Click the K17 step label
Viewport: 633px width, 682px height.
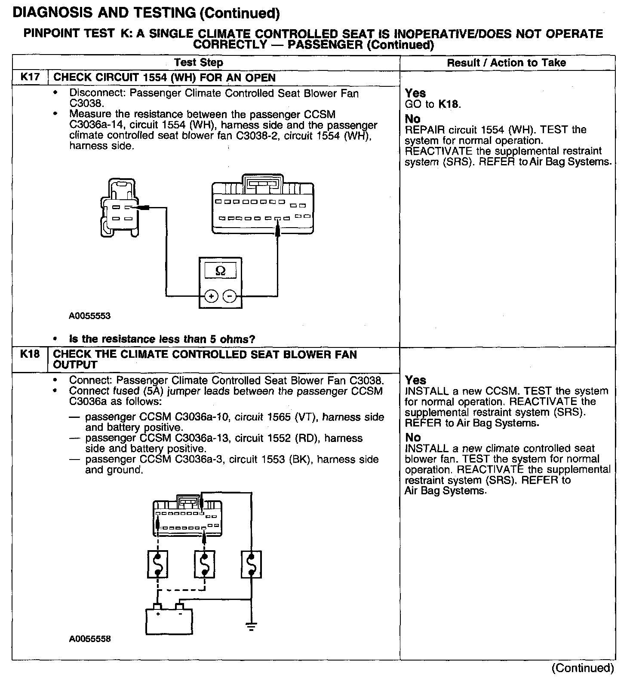30,78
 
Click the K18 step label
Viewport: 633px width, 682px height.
30,354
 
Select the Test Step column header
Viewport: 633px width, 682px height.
199,63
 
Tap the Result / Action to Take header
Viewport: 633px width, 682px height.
507,63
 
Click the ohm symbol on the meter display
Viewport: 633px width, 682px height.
220,271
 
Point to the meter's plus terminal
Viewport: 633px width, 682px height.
211,296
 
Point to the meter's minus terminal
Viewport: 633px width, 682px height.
230,296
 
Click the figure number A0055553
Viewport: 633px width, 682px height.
90,316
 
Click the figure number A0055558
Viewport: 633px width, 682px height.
90,639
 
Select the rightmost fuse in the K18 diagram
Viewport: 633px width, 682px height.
251,564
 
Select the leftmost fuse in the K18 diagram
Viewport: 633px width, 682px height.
158,564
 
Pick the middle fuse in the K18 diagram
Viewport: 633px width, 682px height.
204,564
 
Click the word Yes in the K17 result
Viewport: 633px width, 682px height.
415,93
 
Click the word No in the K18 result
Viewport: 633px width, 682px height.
413,438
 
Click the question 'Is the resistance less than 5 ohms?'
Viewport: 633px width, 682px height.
162,339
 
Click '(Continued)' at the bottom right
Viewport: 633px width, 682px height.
583,668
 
